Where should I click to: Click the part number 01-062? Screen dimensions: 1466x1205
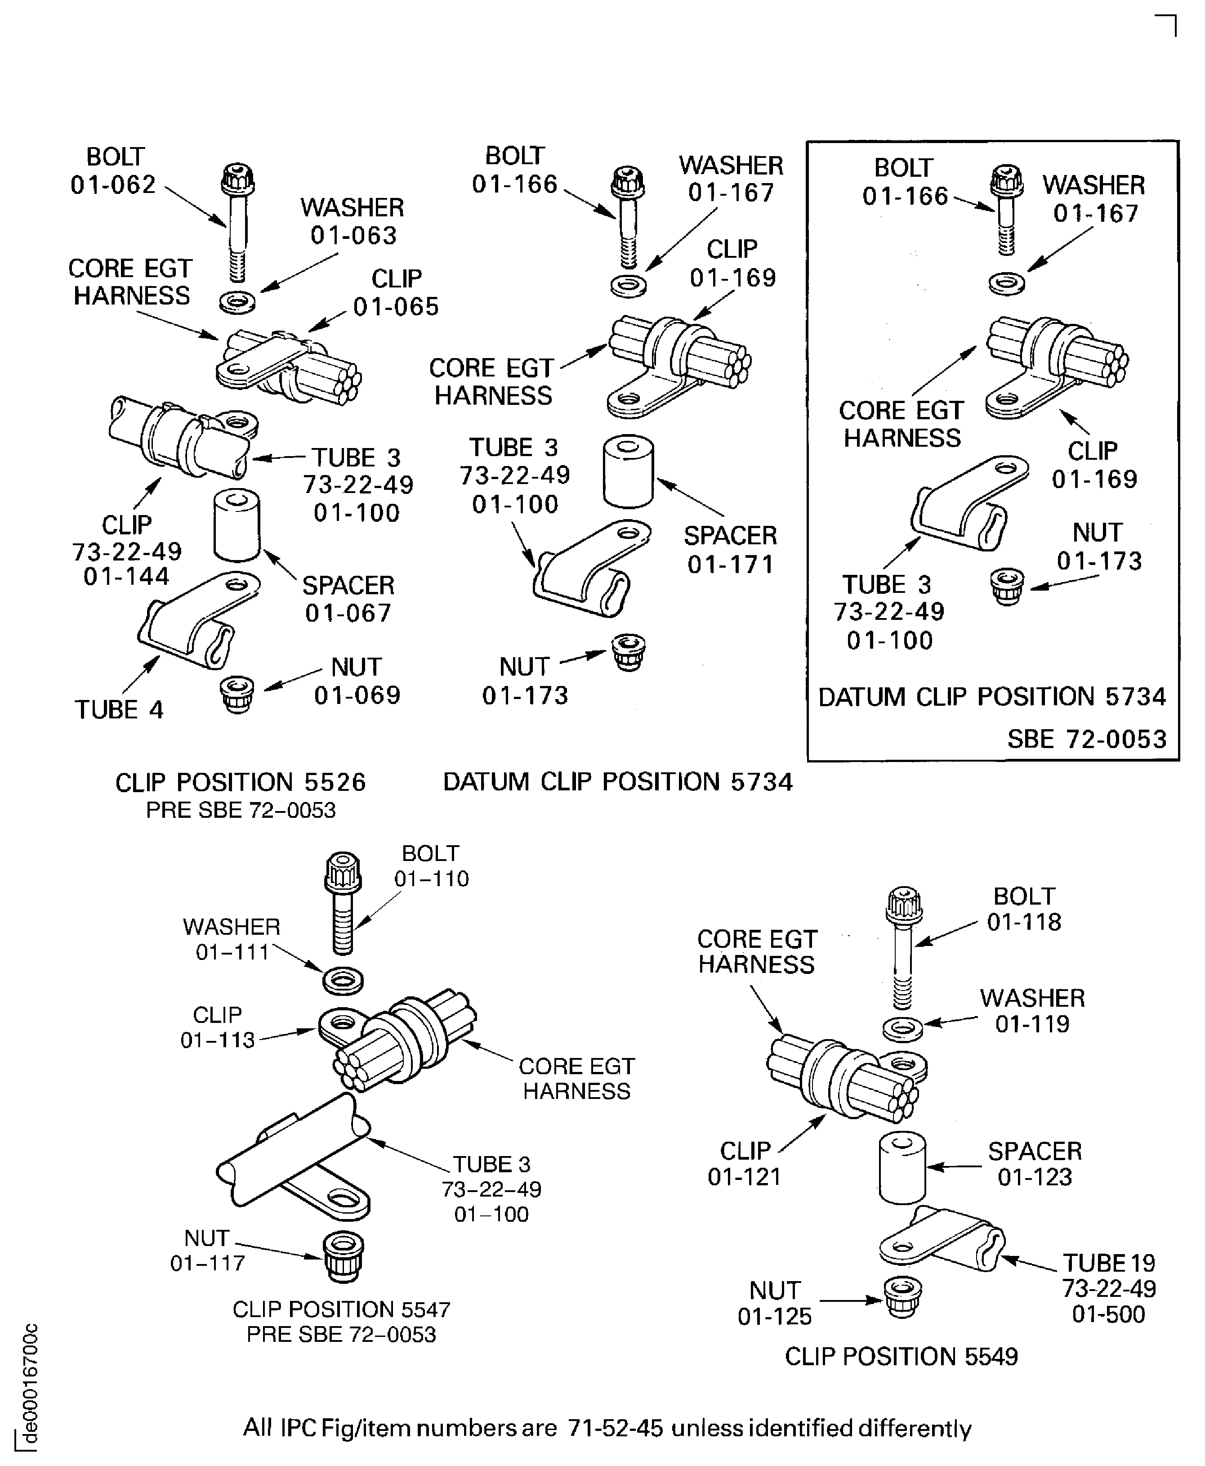pos(113,185)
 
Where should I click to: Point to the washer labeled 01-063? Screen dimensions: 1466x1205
pos(237,302)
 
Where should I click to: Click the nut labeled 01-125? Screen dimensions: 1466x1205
pos(902,1296)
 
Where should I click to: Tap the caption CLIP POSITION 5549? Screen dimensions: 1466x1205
pos(901,1356)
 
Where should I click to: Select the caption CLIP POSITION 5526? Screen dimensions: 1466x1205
pos(240,783)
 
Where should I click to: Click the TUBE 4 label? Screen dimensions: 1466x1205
pos(119,710)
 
